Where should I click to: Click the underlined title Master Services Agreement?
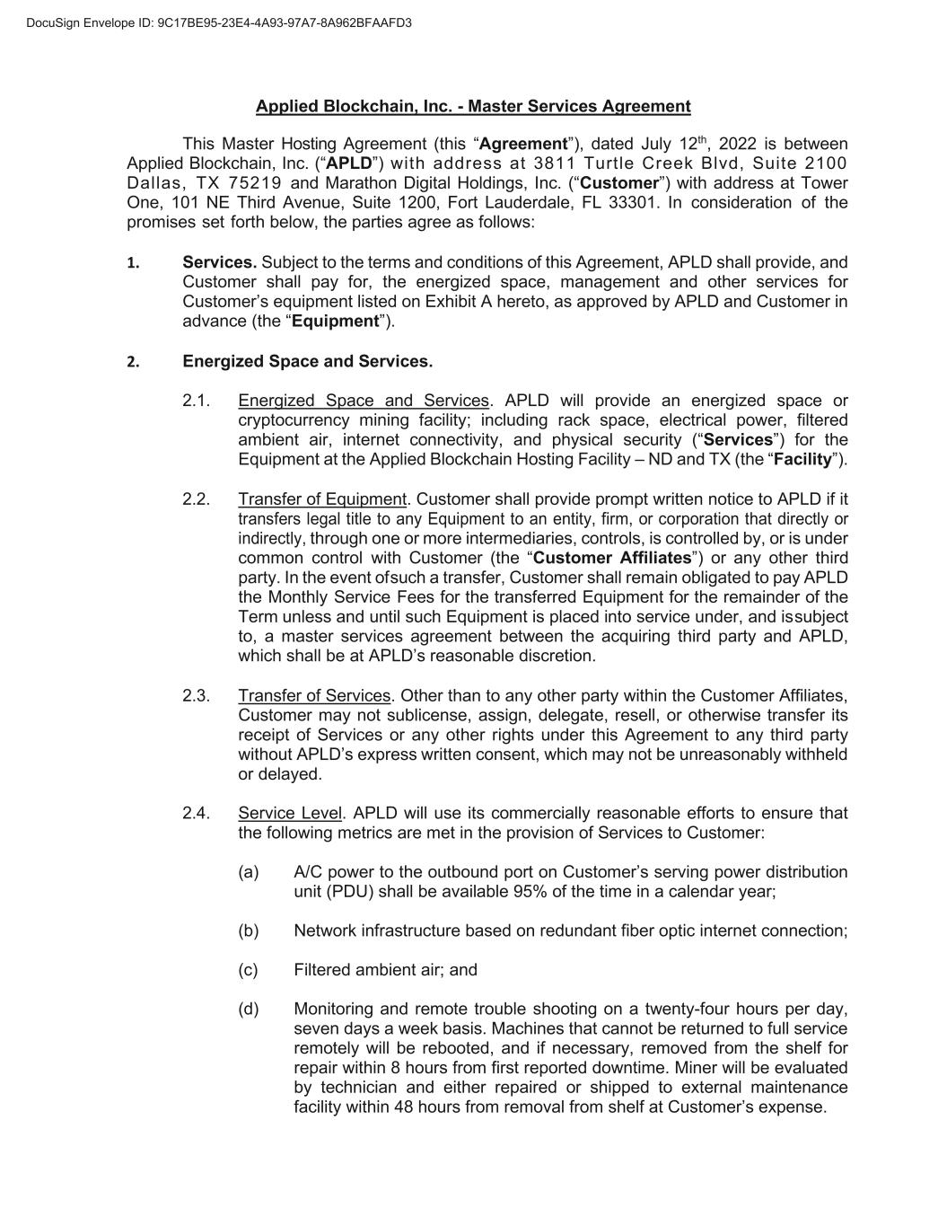tap(473, 107)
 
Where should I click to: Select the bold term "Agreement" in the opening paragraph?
tap(524, 145)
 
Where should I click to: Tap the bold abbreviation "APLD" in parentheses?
tap(348, 164)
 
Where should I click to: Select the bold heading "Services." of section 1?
tap(220, 262)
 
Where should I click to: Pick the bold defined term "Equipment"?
tap(340, 322)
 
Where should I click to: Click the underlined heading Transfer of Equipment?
tap(322, 499)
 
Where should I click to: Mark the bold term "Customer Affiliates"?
tap(612, 558)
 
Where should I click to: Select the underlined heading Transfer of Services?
tap(314, 696)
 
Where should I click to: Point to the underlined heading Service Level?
tap(290, 814)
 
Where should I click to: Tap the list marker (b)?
tap(249, 931)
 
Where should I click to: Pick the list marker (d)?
tap(249, 1010)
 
